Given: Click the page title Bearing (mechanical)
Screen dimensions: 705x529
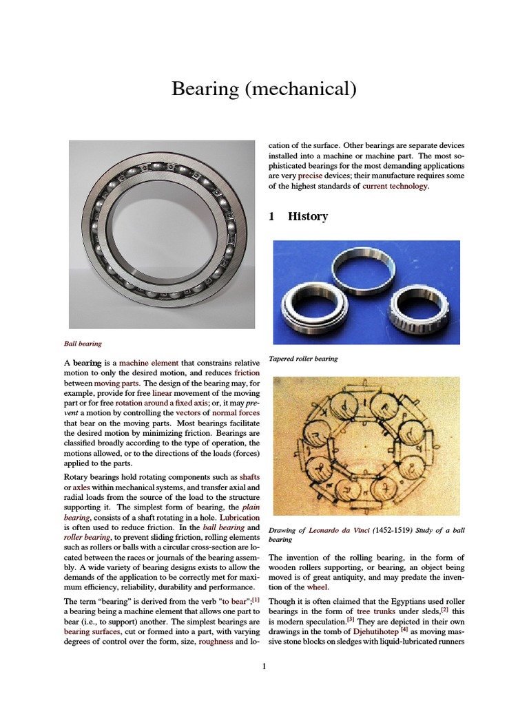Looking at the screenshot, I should pyautogui.click(x=265, y=89).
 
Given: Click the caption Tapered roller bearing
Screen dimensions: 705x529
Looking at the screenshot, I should pyautogui.click(x=303, y=359).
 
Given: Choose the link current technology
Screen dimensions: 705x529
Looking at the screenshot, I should pyautogui.click(x=395, y=186).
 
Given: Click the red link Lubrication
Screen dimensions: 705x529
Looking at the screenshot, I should pyautogui.click(x=239, y=516).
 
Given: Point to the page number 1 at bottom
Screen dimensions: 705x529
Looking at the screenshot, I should pyautogui.click(x=264, y=666).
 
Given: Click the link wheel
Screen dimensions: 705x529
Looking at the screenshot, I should pyautogui.click(x=318, y=587).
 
